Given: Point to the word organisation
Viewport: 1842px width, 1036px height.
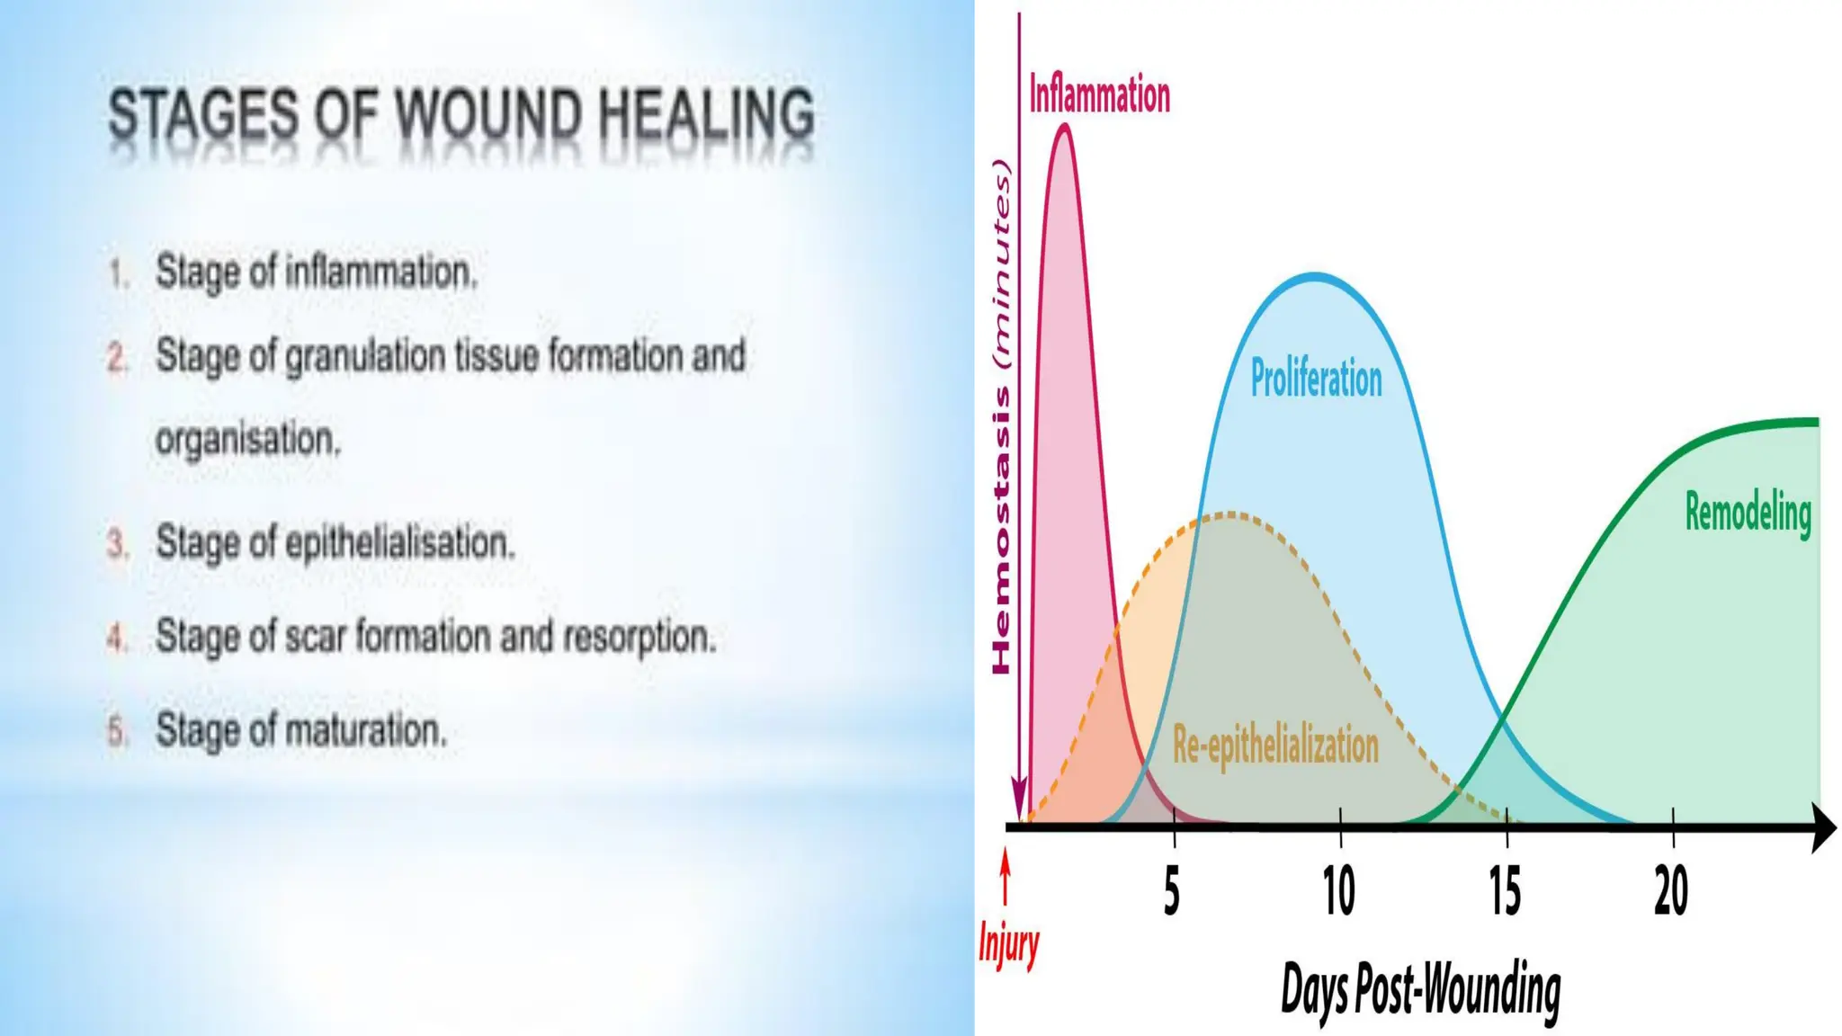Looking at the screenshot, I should (248, 441).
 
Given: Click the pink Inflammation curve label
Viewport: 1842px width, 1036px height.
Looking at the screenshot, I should (1099, 95).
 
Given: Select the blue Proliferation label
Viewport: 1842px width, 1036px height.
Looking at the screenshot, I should (1316, 379).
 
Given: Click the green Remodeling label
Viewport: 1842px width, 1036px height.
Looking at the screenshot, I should (1748, 514).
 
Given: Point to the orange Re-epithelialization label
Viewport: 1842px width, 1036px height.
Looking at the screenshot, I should (1275, 746).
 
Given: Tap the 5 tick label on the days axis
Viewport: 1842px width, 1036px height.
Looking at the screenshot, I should (1171, 892).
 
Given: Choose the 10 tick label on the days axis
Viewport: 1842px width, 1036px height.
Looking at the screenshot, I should (1338, 892).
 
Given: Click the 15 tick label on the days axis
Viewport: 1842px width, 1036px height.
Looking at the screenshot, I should (1505, 892).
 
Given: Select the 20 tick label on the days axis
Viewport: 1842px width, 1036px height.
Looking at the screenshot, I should (1671, 892).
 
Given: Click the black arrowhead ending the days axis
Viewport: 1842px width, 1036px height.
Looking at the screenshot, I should (1822, 828).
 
